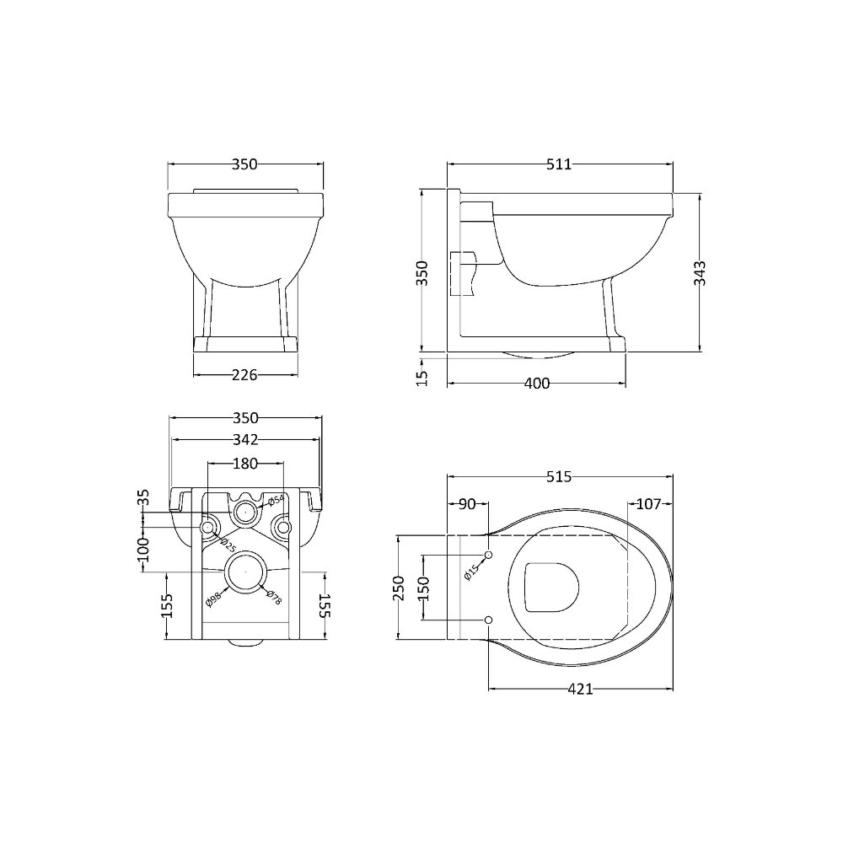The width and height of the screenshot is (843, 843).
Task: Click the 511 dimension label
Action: coord(559,164)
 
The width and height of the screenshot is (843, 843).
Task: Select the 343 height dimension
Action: coord(701,273)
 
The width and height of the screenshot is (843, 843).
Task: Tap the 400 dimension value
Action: coord(537,384)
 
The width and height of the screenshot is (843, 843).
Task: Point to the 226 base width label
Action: coord(244,375)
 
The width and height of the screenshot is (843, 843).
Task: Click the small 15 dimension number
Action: coord(422,378)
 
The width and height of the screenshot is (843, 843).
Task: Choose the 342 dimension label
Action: coord(245,440)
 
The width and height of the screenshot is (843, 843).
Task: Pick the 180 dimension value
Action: coord(245,464)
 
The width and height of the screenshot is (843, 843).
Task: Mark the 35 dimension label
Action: coord(144,497)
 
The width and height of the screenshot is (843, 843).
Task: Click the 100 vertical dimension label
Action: coord(144,549)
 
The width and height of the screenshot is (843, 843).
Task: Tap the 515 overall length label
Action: coord(559,477)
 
